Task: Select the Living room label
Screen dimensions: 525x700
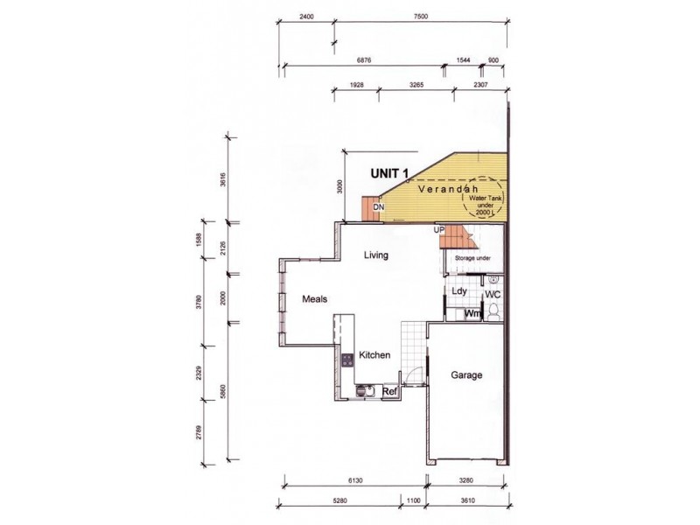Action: coord(376,255)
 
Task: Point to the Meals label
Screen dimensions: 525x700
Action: coord(315,299)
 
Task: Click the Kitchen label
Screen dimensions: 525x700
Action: coord(374,355)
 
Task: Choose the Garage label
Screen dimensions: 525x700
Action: coord(466,374)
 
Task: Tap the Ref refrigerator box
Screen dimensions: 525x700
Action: coord(390,392)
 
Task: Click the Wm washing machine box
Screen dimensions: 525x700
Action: coord(472,313)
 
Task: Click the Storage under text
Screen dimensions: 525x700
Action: coord(472,259)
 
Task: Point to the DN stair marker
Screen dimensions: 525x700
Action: coord(379,207)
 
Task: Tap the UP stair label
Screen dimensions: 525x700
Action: coord(440,229)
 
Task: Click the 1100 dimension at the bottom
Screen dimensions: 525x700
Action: coord(413,501)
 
